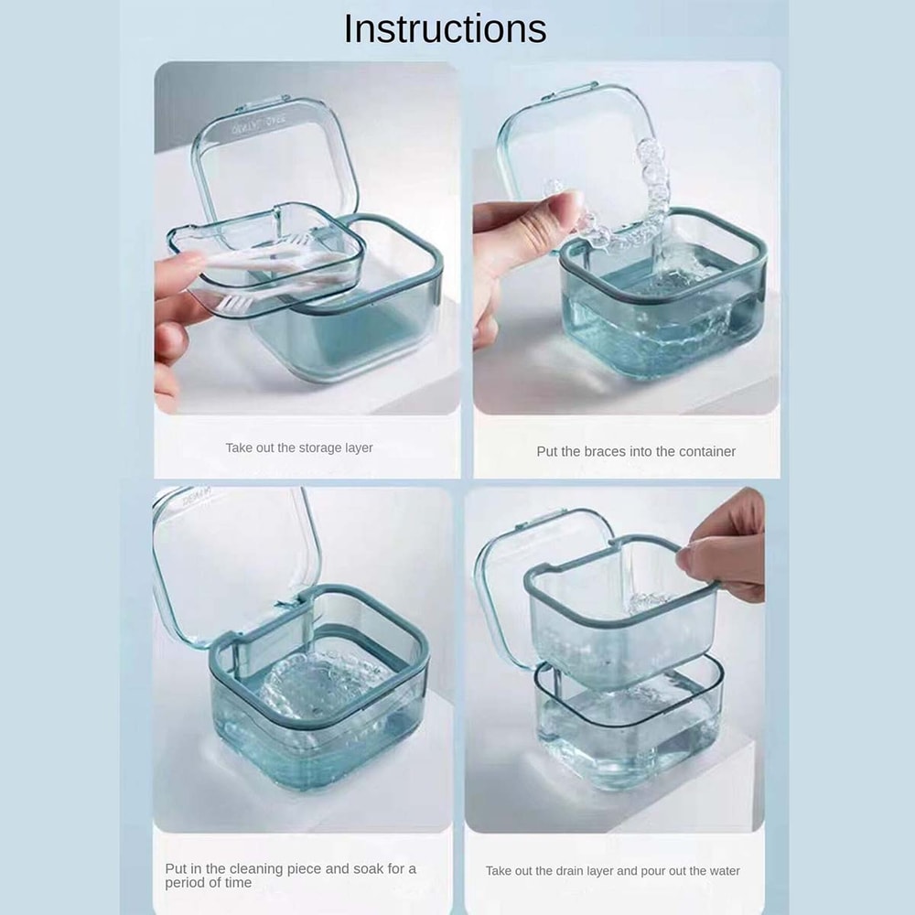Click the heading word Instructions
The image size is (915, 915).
click(x=445, y=29)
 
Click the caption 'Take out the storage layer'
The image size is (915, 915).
click(x=299, y=448)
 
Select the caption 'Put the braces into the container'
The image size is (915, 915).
click(x=636, y=451)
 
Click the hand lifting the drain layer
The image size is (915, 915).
click(x=727, y=549)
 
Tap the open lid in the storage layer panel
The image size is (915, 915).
click(x=274, y=156)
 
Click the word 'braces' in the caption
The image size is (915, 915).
click(x=605, y=451)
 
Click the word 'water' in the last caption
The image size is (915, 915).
click(x=722, y=871)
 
